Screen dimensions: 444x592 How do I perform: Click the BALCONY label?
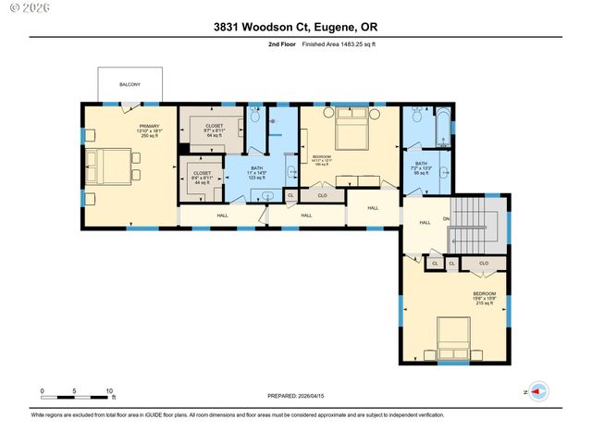click(x=129, y=85)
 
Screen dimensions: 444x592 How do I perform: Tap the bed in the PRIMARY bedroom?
click(x=108, y=166)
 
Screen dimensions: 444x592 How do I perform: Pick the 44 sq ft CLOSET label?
click(x=203, y=178)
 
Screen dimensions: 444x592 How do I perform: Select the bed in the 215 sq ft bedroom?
click(x=452, y=339)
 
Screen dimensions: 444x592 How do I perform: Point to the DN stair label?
click(x=446, y=218)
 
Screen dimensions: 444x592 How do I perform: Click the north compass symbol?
click(x=538, y=391)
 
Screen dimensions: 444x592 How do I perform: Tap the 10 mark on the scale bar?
click(x=110, y=391)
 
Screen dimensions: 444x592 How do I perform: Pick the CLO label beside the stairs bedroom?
click(x=484, y=263)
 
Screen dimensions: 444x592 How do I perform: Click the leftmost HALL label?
click(x=222, y=216)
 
